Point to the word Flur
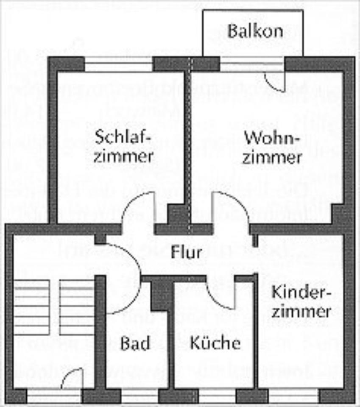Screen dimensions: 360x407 click(186, 253)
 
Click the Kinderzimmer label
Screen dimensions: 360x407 click(301, 301)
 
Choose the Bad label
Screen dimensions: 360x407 click(135, 343)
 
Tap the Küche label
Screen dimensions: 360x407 click(215, 343)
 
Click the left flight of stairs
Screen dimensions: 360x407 click(32, 307)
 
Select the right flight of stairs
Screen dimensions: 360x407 click(76, 307)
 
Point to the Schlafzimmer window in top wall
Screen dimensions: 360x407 click(118, 64)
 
